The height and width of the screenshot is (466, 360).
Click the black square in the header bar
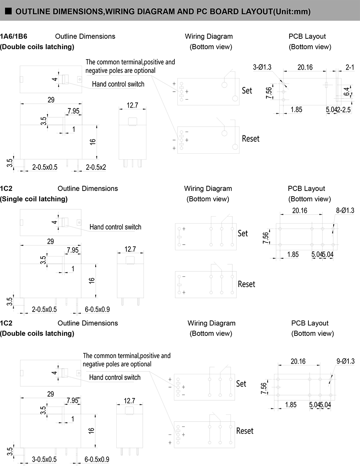9,11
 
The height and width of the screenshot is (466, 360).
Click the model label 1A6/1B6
14,36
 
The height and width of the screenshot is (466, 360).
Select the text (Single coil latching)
34,199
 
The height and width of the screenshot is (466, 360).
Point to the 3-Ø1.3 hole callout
262,67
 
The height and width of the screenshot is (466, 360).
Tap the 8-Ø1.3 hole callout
345,211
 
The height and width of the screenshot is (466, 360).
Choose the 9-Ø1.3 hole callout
346,361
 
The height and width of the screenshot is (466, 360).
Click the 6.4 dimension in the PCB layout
347,92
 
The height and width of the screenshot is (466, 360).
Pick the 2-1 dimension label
350,67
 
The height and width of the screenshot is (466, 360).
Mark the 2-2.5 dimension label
344,110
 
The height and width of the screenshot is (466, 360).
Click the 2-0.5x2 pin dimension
96,167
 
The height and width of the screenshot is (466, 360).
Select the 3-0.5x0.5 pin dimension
44,460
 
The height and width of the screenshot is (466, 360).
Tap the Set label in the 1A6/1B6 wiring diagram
247,90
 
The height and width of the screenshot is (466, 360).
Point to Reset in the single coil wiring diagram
246,284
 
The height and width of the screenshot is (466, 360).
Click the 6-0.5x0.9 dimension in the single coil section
98,309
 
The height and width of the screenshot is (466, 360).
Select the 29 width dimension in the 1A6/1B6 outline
51,100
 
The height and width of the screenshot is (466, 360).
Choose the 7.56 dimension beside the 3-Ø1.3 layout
269,93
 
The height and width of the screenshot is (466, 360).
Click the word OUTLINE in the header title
33,12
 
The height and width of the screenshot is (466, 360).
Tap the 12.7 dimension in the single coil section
130,249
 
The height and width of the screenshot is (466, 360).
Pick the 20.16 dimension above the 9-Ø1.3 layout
298,361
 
